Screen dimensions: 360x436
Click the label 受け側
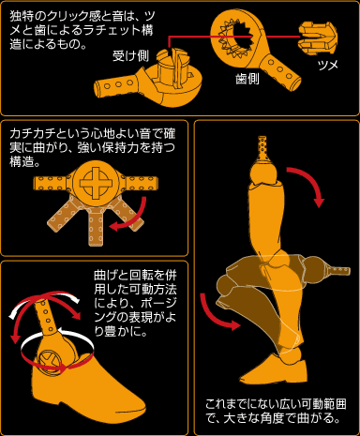130,56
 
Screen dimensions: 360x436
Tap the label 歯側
247,79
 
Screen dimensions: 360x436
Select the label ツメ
328,66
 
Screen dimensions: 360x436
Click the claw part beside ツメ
318,38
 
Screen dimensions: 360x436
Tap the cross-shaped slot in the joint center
96,183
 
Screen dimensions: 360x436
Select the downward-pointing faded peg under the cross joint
96,227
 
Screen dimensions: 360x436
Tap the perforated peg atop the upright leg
262,147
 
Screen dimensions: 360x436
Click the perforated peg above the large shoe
46,316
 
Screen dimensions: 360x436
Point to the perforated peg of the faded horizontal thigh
338,270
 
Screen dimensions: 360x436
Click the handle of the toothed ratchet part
278,71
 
